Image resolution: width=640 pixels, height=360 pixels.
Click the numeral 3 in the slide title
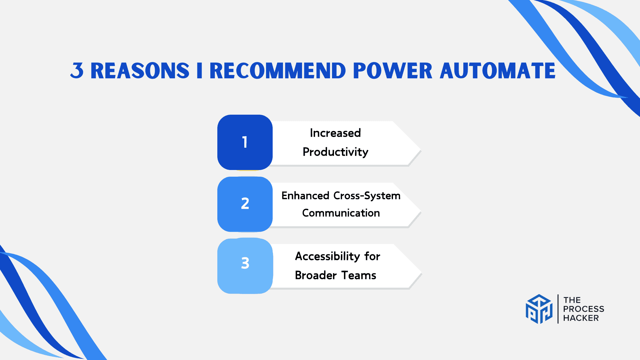tap(77, 71)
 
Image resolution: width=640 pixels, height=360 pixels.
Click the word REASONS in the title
tap(140, 71)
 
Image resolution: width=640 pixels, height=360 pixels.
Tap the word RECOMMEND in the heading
tap(278, 71)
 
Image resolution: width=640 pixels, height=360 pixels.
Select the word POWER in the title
tap(393, 71)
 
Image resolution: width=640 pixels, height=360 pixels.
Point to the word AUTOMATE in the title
tap(498, 71)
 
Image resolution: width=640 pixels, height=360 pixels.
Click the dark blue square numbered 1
tap(245, 142)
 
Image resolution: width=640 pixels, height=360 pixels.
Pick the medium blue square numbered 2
tap(245, 204)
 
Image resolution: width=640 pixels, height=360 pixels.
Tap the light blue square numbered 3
tap(245, 266)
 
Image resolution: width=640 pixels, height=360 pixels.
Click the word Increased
tap(335, 133)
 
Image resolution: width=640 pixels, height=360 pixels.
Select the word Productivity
tap(335, 152)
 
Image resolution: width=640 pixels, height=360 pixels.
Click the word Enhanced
tap(305, 196)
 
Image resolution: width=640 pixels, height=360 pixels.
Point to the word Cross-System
tap(367, 196)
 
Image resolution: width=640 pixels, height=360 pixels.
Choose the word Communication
tap(341, 213)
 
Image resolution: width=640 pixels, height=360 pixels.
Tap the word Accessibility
tap(327, 256)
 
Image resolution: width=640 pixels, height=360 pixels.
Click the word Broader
tap(316, 275)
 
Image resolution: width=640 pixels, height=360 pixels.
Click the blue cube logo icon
tap(539, 309)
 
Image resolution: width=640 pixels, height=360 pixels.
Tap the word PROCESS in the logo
tap(584, 309)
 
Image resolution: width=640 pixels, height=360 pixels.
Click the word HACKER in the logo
tap(581, 318)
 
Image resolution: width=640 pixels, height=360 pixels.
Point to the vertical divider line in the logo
tap(558, 309)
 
